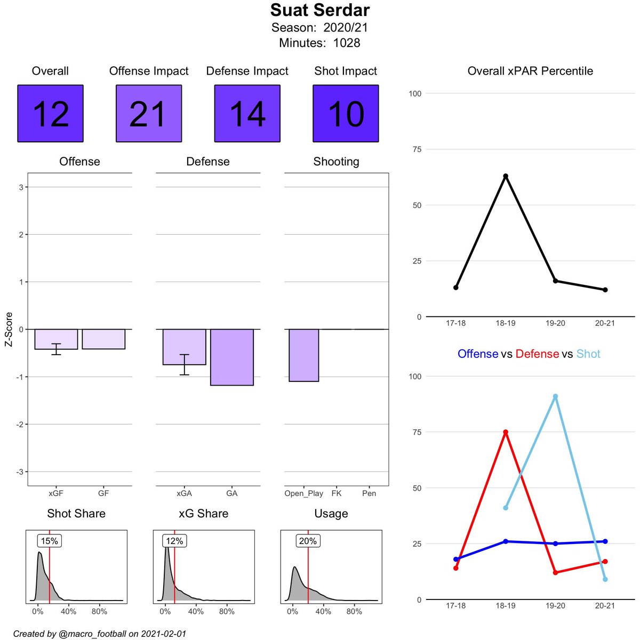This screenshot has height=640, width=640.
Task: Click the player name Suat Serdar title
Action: (319, 10)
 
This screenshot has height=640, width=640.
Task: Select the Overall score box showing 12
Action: (50, 114)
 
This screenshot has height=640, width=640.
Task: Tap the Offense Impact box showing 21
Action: (149, 114)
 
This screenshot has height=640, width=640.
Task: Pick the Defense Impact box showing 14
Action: (247, 114)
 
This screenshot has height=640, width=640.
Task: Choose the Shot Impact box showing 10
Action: (346, 114)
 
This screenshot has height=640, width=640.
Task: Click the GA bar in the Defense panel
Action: (232, 357)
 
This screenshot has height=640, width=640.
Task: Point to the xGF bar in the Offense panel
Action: (56, 339)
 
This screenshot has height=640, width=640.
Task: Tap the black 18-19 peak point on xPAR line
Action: (506, 176)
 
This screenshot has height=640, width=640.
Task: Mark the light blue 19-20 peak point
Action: (555, 396)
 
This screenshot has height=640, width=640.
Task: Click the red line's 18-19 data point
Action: (506, 432)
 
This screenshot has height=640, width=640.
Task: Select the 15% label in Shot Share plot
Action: (49, 541)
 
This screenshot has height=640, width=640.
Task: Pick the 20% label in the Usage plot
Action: (308, 541)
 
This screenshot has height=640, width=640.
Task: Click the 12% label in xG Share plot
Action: (174, 541)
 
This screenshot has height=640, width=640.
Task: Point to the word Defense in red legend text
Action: (537, 354)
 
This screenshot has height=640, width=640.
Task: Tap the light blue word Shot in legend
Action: (588, 354)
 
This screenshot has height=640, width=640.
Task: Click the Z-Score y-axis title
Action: (9, 329)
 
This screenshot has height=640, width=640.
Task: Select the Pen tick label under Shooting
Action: (369, 493)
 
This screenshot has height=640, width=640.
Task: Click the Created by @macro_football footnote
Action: (100, 634)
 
